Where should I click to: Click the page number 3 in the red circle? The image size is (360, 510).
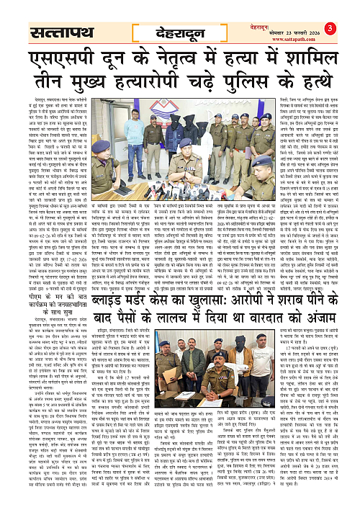[x=348, y=9]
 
